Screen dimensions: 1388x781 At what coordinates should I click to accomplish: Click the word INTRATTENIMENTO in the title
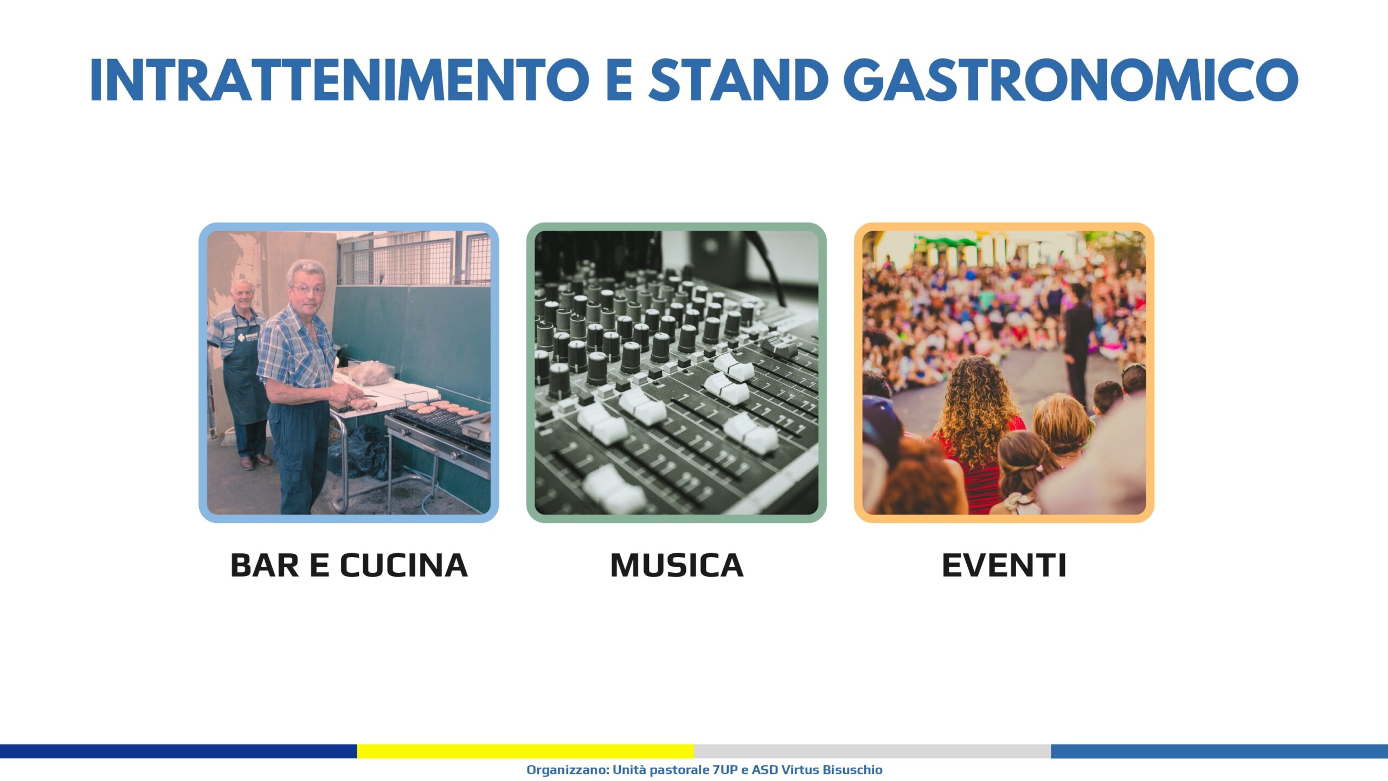pos(340,80)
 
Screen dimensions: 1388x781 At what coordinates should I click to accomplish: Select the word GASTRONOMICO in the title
pos(1071,80)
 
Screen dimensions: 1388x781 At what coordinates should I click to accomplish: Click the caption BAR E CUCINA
pos(349,566)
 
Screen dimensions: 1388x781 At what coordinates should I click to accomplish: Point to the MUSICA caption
pos(677,566)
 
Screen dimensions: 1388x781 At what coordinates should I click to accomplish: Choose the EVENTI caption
pos(1004,566)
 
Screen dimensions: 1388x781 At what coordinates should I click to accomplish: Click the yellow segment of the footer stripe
pos(525,751)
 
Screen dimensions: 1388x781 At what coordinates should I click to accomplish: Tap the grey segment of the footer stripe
pos(872,751)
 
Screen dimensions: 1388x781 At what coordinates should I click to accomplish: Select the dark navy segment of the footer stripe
pos(178,751)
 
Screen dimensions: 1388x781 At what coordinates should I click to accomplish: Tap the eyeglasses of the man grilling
pos(308,290)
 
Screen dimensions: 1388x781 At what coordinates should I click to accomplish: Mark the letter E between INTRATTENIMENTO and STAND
pos(619,80)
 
